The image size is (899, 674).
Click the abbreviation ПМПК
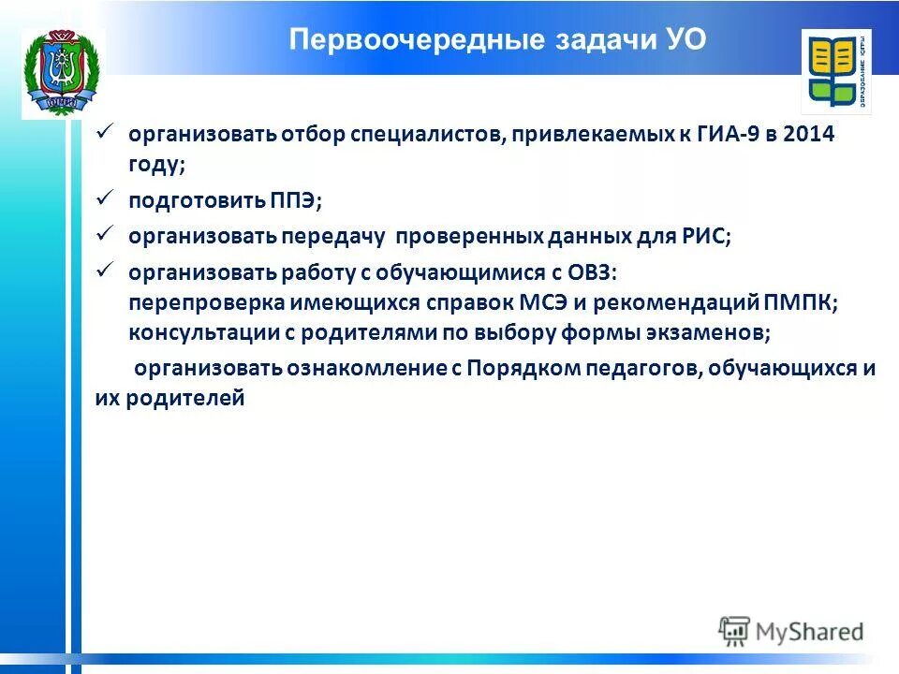pyautogui.click(x=798, y=303)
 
